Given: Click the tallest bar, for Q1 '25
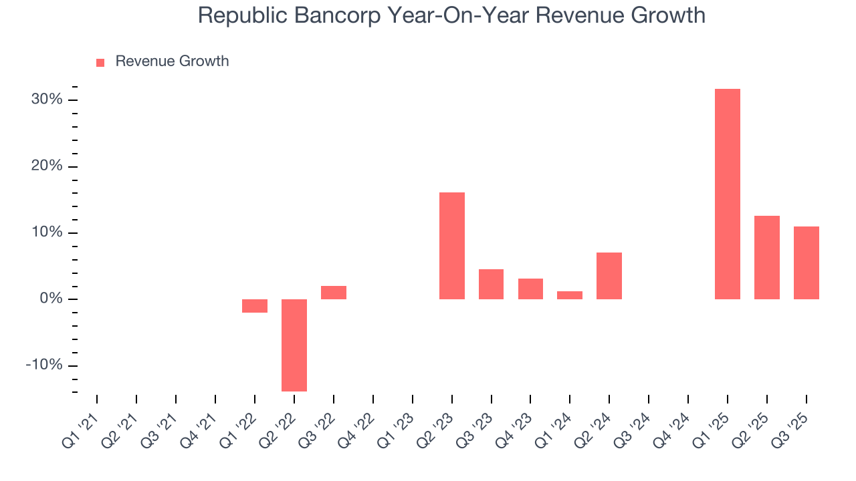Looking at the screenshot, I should pos(727,194).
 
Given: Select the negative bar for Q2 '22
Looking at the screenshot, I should pos(294,345).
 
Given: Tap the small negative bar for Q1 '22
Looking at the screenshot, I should pos(255,306).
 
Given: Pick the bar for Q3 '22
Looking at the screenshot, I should pos(334,293).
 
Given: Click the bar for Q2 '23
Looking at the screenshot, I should pos(452,246).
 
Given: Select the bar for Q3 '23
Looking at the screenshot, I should pos(491,284).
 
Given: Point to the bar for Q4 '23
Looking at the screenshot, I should pos(530,289).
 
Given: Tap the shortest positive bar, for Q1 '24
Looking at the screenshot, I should pos(570,295).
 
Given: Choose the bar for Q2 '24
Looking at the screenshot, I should pos(609,276).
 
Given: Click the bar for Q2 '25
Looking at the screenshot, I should pos(766,257).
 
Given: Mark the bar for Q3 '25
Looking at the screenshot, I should pos(806,263).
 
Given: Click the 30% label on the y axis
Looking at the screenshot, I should pos(47,100).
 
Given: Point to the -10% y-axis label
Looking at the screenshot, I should pos(44,365).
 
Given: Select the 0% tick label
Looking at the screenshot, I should pos(51,299).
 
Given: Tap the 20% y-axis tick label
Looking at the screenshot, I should pos(47,166).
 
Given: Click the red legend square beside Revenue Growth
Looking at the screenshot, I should pos(100,62).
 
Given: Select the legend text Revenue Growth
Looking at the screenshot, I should pos(172,61).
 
